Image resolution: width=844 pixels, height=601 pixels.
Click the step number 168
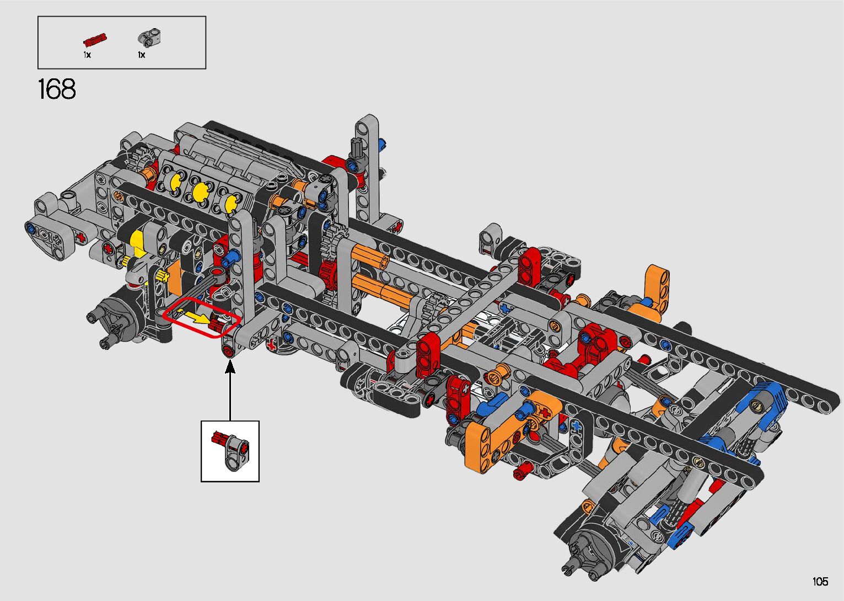point(57,89)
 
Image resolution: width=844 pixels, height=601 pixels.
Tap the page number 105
point(820,581)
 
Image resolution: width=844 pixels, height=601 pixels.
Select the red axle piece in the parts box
point(95,40)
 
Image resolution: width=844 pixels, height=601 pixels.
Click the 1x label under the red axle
point(87,55)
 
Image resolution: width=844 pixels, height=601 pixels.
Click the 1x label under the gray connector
point(141,55)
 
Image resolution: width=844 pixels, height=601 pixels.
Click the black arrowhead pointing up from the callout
point(230,366)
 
